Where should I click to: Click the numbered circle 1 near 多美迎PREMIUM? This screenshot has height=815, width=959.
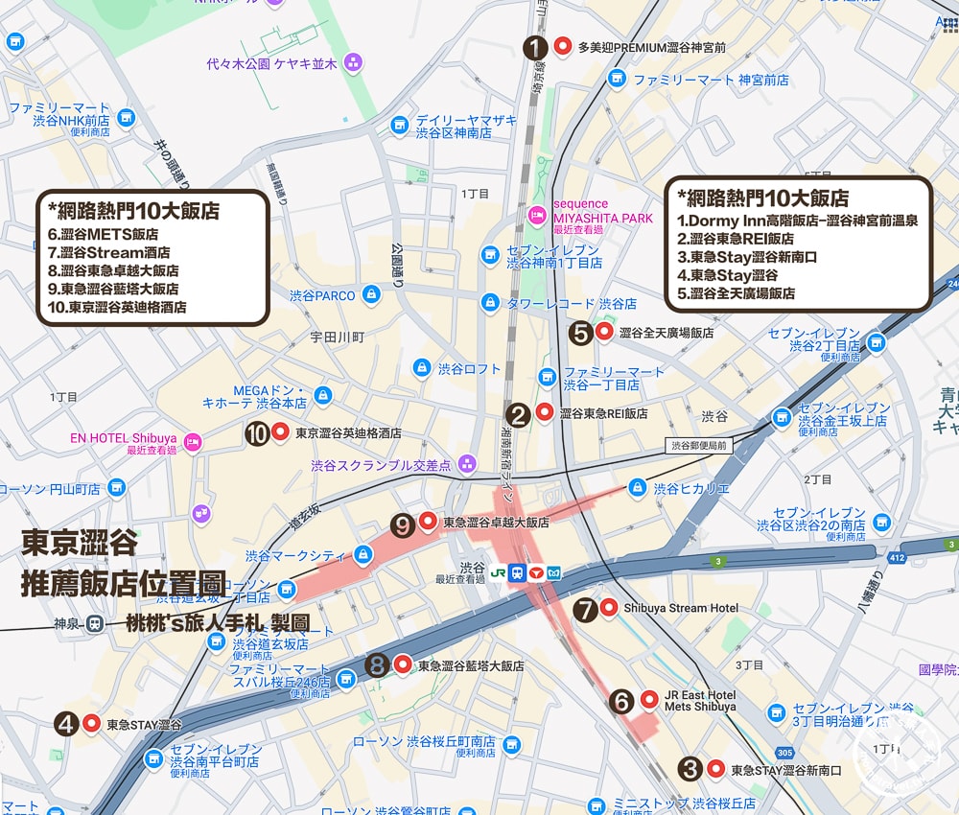click(x=535, y=47)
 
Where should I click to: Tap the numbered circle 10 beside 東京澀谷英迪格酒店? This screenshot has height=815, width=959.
click(x=256, y=433)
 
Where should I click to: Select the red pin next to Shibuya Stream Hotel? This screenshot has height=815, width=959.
click(x=609, y=607)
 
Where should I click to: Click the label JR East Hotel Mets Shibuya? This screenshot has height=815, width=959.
click(x=700, y=700)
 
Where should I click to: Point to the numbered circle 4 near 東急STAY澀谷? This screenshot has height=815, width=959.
click(x=66, y=724)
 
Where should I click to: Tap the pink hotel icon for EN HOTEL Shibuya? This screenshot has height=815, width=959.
click(x=193, y=441)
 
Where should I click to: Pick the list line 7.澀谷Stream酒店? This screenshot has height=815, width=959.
click(x=109, y=251)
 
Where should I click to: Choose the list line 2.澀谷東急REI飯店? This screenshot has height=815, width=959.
click(x=735, y=239)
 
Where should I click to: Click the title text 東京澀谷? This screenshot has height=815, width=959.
click(x=81, y=544)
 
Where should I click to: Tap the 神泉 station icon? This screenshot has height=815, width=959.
click(x=94, y=623)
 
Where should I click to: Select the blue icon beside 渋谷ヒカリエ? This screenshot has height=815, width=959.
click(x=637, y=488)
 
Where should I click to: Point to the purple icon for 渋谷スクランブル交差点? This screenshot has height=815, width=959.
click(x=467, y=464)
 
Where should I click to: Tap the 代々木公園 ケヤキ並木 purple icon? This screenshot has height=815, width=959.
click(x=353, y=63)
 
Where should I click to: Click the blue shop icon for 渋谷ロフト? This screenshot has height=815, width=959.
click(x=421, y=367)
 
